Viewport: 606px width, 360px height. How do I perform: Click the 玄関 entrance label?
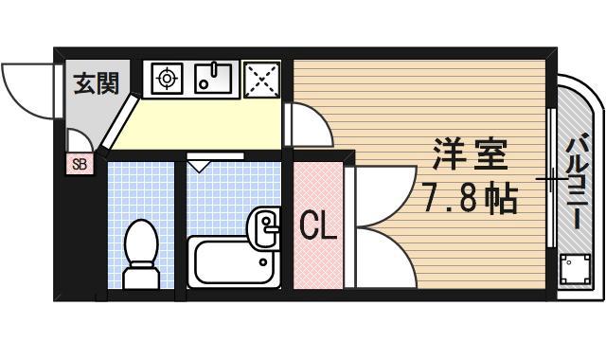click(97, 83)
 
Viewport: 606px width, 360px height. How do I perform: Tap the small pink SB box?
click(78, 164)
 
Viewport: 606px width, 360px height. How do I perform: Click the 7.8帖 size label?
click(470, 199)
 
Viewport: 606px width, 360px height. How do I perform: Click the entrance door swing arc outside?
click(28, 90)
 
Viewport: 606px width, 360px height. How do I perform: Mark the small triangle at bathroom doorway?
click(198, 165)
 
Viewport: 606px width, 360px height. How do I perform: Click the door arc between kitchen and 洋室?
click(307, 125)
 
